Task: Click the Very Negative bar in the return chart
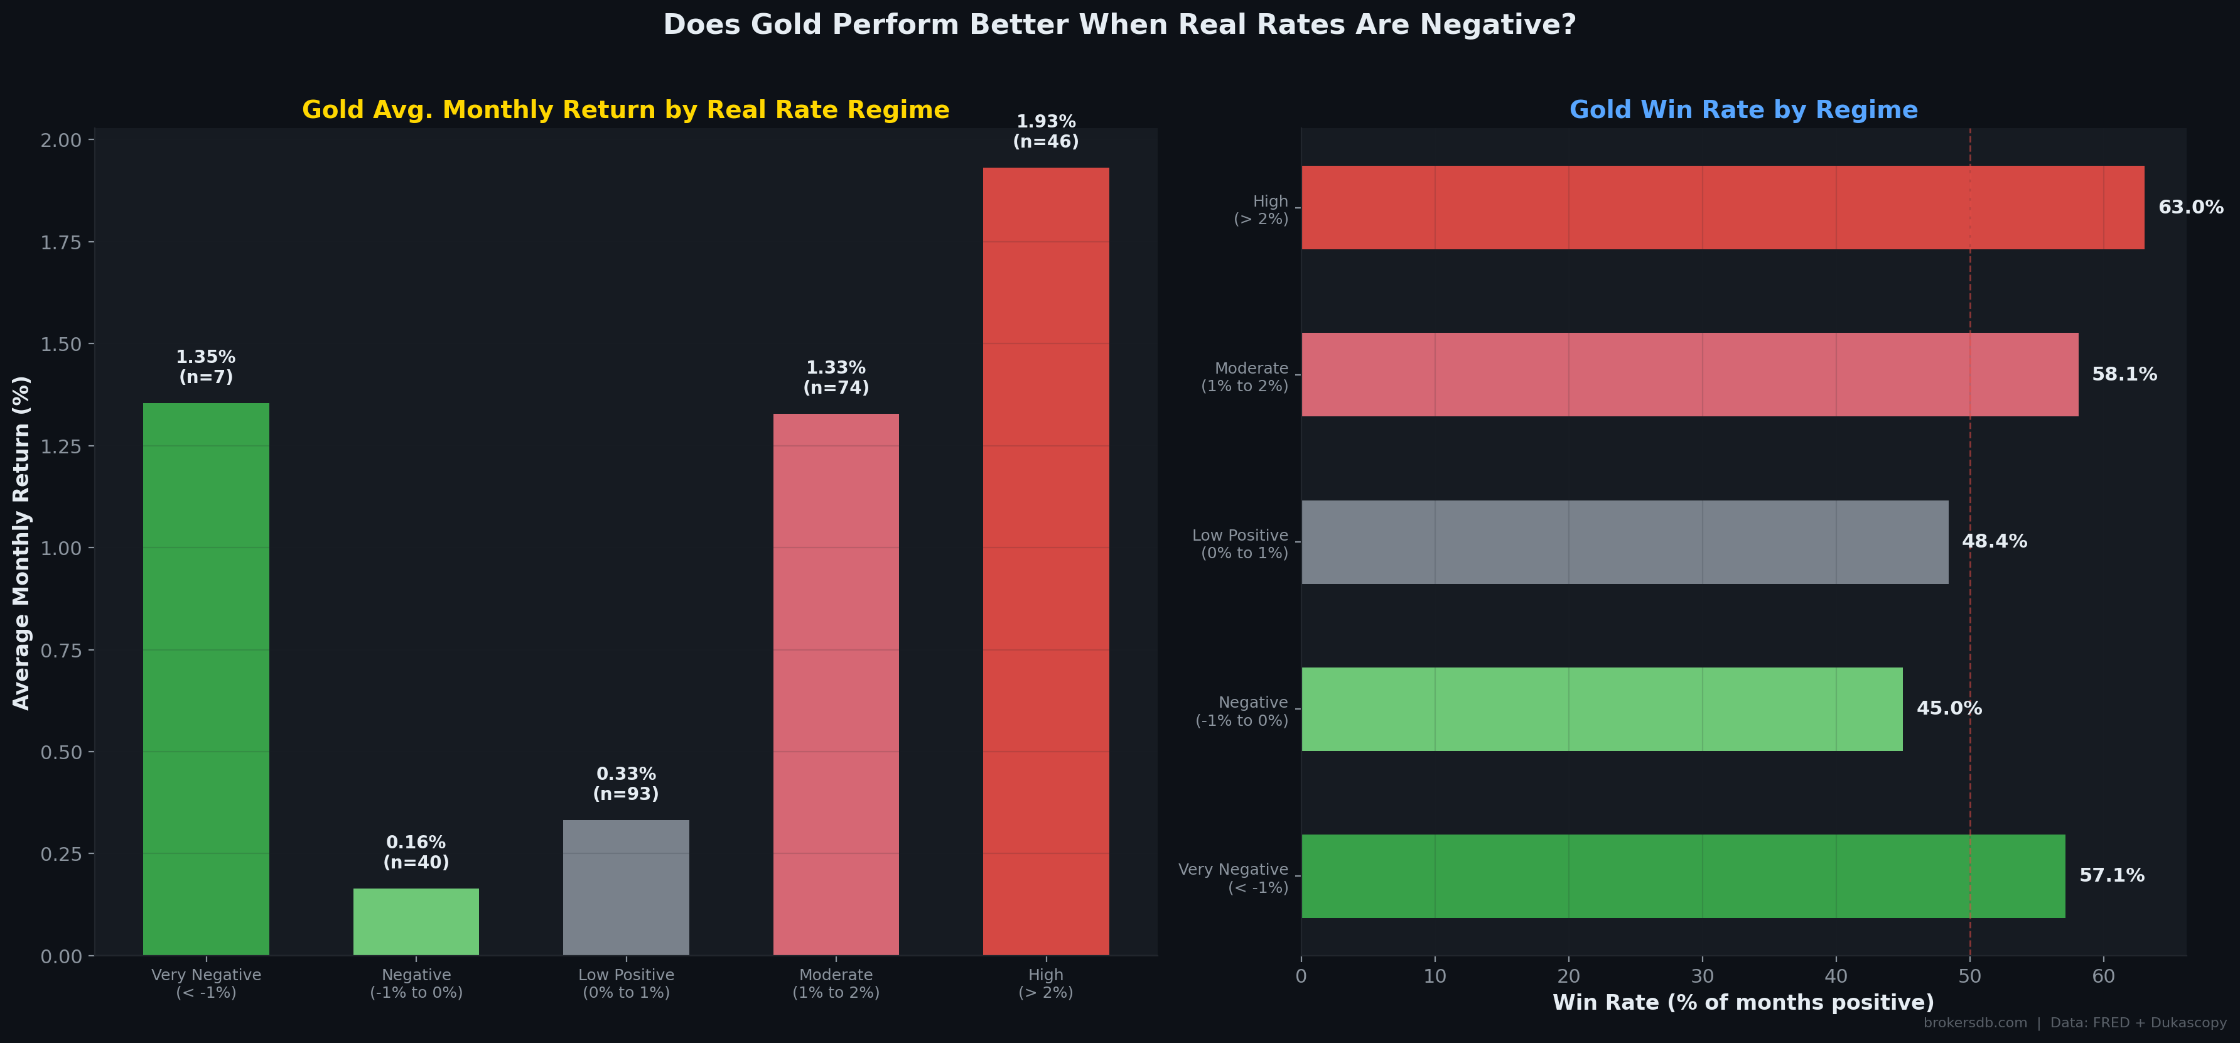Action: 206,679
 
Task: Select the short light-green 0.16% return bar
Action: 416,921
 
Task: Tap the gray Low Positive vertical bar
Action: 626,887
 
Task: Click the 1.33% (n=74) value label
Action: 836,377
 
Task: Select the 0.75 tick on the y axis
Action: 61,651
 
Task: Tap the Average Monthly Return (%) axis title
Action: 22,543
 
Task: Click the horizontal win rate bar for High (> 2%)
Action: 1721,207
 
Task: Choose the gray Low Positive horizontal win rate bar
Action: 1624,542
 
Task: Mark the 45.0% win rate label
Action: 1949,708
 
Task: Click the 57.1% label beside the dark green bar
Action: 2111,875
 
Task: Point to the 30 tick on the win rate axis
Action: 1702,976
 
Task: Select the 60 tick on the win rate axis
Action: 2103,976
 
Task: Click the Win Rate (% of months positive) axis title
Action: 1743,1002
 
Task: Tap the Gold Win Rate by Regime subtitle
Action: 1743,110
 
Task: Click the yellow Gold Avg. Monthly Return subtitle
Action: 625,110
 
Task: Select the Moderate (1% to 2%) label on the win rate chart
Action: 1244,377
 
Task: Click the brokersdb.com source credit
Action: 1975,1023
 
